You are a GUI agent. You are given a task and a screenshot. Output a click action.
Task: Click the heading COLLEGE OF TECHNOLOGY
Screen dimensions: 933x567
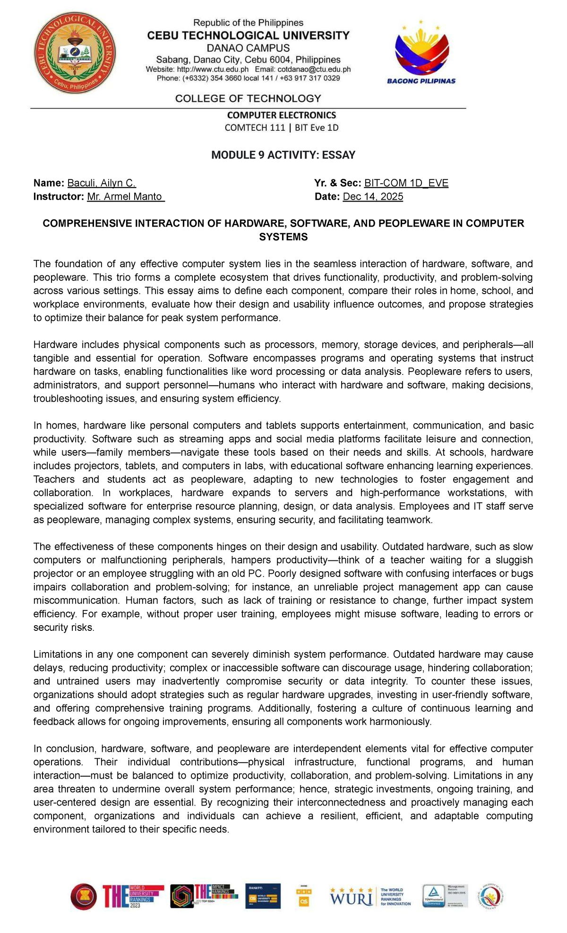(248, 98)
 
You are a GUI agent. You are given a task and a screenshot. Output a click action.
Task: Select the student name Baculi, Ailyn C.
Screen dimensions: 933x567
(102, 183)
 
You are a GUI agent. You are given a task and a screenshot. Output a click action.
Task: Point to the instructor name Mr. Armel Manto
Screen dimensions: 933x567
(126, 196)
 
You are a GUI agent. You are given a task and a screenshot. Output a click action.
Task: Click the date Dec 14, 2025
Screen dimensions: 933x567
(373, 196)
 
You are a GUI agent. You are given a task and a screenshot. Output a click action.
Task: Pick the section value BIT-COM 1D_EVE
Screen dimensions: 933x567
(406, 183)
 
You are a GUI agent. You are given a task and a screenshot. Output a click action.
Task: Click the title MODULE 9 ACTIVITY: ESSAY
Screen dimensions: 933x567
(283, 155)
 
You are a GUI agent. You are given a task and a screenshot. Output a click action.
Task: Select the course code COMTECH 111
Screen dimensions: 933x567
(255, 127)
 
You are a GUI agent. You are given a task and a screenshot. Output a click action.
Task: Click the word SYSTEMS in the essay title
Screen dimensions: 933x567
(283, 237)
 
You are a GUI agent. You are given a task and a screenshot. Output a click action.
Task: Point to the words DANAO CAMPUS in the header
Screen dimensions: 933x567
(249, 48)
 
